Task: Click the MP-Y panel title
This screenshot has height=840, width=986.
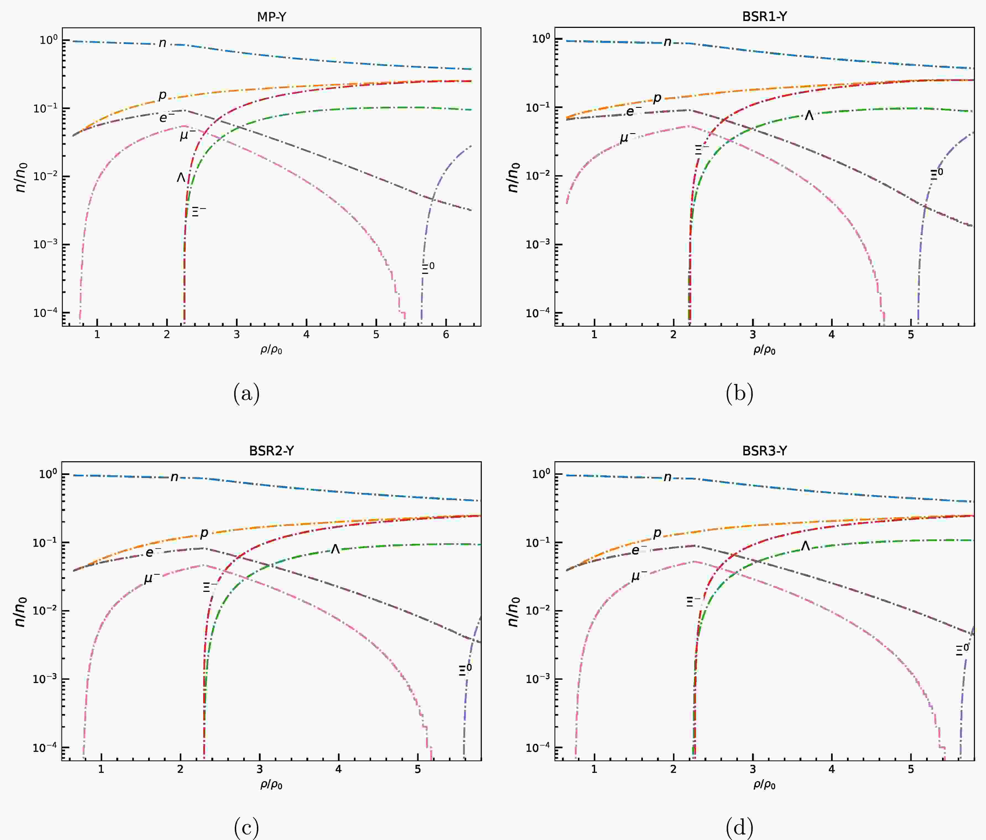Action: pyautogui.click(x=271, y=17)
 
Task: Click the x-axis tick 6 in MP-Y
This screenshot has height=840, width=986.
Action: pyautogui.click(x=446, y=335)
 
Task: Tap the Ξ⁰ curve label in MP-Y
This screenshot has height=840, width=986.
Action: pyautogui.click(x=428, y=268)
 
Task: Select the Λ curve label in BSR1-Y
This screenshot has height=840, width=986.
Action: pyautogui.click(x=809, y=115)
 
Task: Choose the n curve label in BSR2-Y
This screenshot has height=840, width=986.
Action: pyautogui.click(x=174, y=477)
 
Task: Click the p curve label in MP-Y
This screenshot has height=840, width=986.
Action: pyautogui.click(x=162, y=95)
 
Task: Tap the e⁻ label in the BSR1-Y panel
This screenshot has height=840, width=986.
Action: pyautogui.click(x=633, y=111)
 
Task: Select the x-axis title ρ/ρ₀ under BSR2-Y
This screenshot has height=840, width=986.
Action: pyautogui.click(x=271, y=784)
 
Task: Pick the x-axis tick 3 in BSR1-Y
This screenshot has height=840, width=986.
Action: pyautogui.click(x=752, y=335)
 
